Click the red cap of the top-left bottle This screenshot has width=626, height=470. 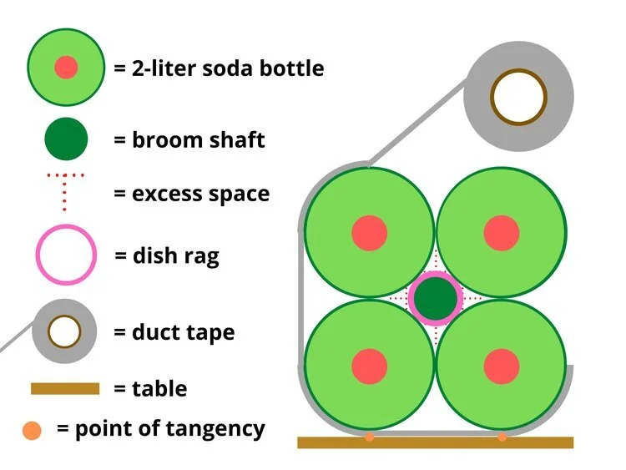point(369,232)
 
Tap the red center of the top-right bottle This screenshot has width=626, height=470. point(502,232)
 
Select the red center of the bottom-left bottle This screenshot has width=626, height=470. point(369,366)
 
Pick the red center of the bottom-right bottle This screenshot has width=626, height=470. point(502,366)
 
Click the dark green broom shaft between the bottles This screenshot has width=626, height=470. point(436,298)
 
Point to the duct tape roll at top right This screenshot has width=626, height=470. point(518,98)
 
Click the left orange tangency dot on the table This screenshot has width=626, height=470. point(369,437)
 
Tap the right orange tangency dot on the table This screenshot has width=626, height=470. point(502,437)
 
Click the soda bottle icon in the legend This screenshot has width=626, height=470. point(66,68)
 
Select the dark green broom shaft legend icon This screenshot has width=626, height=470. point(66,139)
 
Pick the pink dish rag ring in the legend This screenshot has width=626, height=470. point(66,255)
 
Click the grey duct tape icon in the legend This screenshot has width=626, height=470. point(66,331)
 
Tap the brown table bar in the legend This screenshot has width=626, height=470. point(65,388)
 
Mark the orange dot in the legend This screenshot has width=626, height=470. point(32,431)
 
